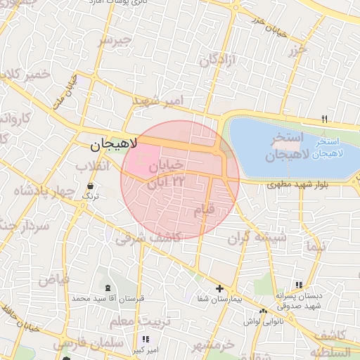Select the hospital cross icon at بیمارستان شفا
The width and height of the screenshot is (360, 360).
coord(219,288)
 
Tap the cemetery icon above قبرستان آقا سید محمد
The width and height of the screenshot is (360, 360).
coord(107,288)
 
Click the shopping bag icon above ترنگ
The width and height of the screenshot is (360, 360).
coord(90,187)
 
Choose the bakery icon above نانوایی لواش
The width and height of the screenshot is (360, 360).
coord(263,311)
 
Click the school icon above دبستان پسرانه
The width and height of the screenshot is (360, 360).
coord(299,285)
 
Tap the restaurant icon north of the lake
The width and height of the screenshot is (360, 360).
coord(324,119)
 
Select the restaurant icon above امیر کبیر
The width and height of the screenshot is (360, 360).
coord(146,339)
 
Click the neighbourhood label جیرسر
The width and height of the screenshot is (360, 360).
coord(115,40)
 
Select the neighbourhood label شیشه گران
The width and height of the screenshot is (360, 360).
coord(257,238)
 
